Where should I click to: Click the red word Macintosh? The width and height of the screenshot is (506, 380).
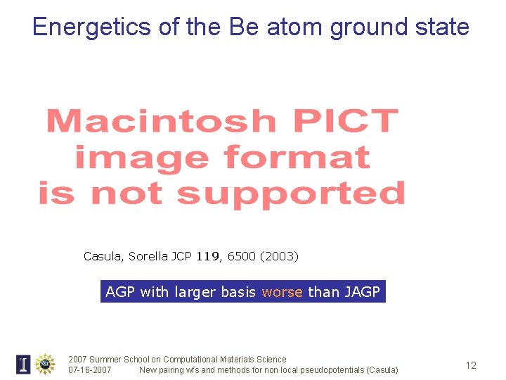[x=161, y=121]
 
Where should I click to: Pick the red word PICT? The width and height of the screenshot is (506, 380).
[x=344, y=121]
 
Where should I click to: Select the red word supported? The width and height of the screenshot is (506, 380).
[x=290, y=193]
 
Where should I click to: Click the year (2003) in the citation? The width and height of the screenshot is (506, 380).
[x=280, y=257]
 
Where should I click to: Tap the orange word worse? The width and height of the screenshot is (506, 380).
[x=282, y=292]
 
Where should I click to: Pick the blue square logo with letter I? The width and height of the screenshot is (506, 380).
[x=23, y=364]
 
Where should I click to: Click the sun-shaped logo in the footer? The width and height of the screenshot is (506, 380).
[x=45, y=364]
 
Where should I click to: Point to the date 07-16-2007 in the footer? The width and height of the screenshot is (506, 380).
[x=89, y=370]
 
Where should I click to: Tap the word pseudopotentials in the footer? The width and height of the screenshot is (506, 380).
[x=315, y=370]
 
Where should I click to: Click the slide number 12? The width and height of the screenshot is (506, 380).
[x=471, y=365]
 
